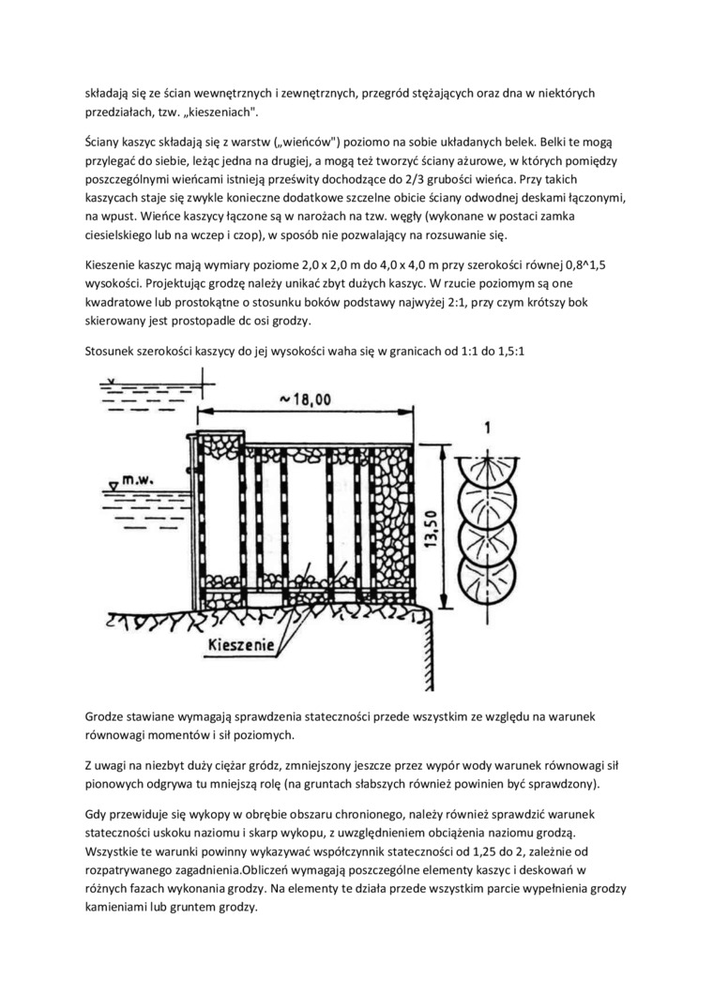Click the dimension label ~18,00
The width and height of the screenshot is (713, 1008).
tap(305, 399)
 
